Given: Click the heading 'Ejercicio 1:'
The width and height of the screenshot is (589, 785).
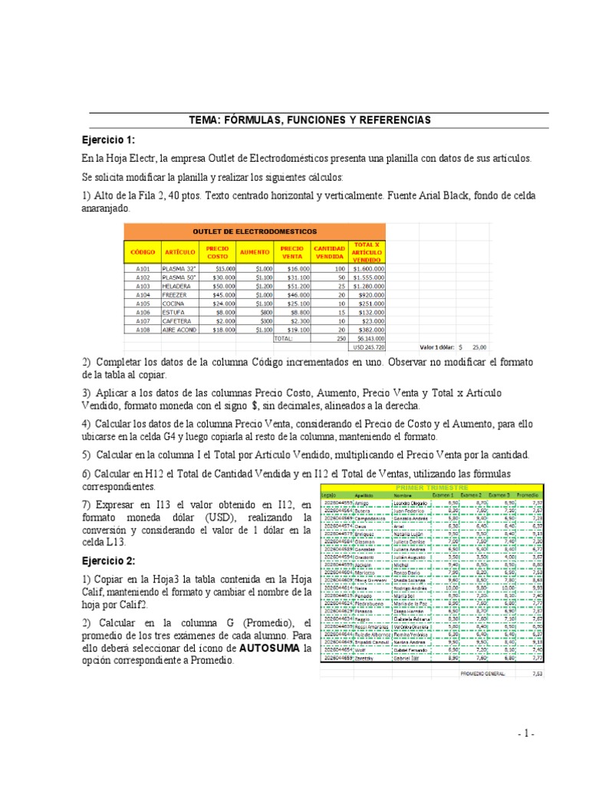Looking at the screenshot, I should click(108, 140).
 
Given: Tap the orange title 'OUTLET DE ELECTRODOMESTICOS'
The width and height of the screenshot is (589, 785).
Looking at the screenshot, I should click(255, 231).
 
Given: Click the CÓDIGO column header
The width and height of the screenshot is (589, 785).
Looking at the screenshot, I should click(143, 251).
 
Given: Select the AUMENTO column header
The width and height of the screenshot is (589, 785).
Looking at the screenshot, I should click(253, 251).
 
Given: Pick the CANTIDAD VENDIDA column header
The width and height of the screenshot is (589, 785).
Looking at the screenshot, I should click(329, 251).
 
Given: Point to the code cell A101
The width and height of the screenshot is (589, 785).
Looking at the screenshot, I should click(143, 269).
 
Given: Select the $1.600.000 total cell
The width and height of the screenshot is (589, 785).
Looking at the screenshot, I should click(368, 269).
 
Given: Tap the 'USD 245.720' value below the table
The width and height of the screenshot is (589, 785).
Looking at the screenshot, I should click(368, 347).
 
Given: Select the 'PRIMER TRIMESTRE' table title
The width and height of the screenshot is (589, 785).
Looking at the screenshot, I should click(431, 488).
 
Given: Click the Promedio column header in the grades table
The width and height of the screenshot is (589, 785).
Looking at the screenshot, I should click(527, 494).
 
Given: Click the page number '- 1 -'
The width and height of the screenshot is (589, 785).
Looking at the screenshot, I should click(525, 734).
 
